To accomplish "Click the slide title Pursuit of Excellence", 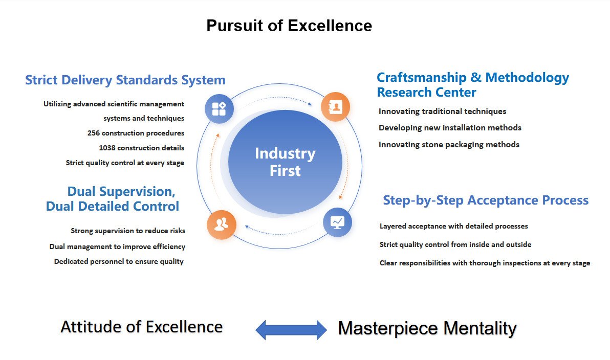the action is pyautogui.click(x=289, y=26).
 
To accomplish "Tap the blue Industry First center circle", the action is pyautogui.click(x=285, y=162).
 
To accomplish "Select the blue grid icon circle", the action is pyautogui.click(x=219, y=109).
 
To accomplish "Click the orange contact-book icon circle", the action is pyautogui.click(x=335, y=107).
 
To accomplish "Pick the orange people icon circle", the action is pyautogui.click(x=222, y=224).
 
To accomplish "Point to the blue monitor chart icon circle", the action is pyautogui.click(x=337, y=222).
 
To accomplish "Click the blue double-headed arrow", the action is pyautogui.click(x=291, y=330).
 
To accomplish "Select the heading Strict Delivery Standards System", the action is pyautogui.click(x=125, y=80).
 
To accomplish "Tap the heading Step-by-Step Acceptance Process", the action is pyautogui.click(x=486, y=200).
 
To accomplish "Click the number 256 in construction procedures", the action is pyautogui.click(x=93, y=133).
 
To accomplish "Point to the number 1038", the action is pyautogui.click(x=107, y=148).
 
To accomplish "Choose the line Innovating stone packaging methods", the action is pyautogui.click(x=449, y=145).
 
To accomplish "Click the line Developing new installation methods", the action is pyautogui.click(x=450, y=128).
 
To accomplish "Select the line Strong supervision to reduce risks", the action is pyautogui.click(x=128, y=231).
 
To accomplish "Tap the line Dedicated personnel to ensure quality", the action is pyautogui.click(x=119, y=262).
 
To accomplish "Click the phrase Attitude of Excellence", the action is pyautogui.click(x=142, y=327).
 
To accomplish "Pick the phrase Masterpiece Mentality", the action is pyautogui.click(x=427, y=328).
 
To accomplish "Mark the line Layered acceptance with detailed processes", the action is pyautogui.click(x=453, y=226).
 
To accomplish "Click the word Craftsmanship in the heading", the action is pyautogui.click(x=421, y=78).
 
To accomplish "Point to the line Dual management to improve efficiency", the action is pyautogui.click(x=117, y=247).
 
